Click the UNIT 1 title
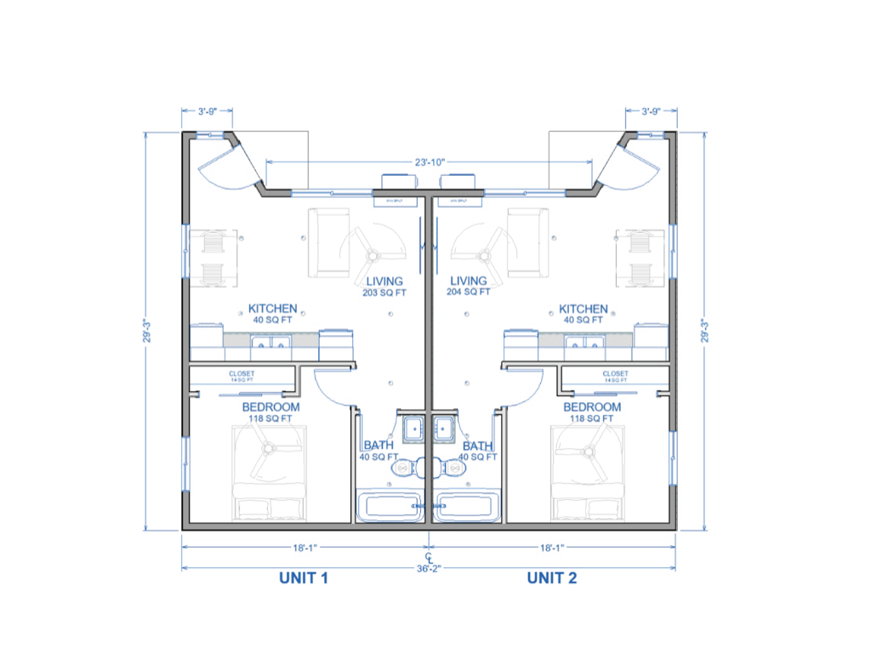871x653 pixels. click(304, 579)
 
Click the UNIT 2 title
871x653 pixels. click(552, 579)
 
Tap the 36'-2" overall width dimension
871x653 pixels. click(430, 568)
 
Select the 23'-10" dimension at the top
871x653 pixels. click(430, 161)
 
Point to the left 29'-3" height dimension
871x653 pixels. click(150, 331)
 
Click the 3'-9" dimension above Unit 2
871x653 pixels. click(652, 111)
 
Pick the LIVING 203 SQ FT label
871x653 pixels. click(384, 286)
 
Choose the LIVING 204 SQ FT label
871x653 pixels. click(469, 286)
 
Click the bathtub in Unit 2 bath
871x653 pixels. click(466, 507)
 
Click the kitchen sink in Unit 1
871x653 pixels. click(272, 344)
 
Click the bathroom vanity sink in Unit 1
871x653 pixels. click(414, 427)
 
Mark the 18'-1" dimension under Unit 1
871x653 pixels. click(304, 548)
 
